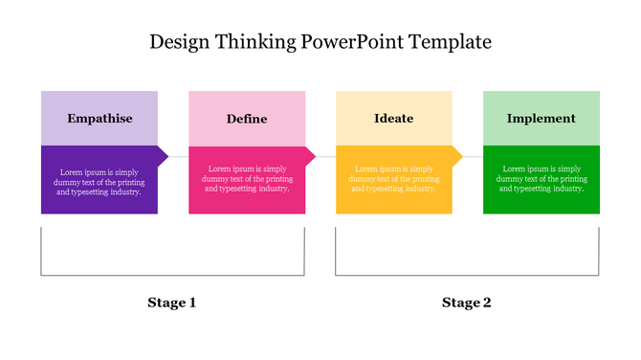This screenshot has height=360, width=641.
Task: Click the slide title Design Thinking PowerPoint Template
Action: (x=320, y=42)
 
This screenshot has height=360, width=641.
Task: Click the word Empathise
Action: (x=99, y=119)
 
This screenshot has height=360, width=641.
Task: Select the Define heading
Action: (x=247, y=119)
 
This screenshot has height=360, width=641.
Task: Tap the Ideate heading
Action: (x=394, y=119)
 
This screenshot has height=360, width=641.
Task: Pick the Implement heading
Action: (x=542, y=119)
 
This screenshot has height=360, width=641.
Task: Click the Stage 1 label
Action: (x=172, y=303)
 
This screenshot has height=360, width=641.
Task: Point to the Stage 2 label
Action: (x=467, y=303)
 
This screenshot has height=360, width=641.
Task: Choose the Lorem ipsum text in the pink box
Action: (x=247, y=179)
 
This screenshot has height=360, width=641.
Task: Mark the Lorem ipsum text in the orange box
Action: (x=394, y=179)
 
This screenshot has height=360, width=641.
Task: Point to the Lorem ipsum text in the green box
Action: (x=542, y=179)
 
